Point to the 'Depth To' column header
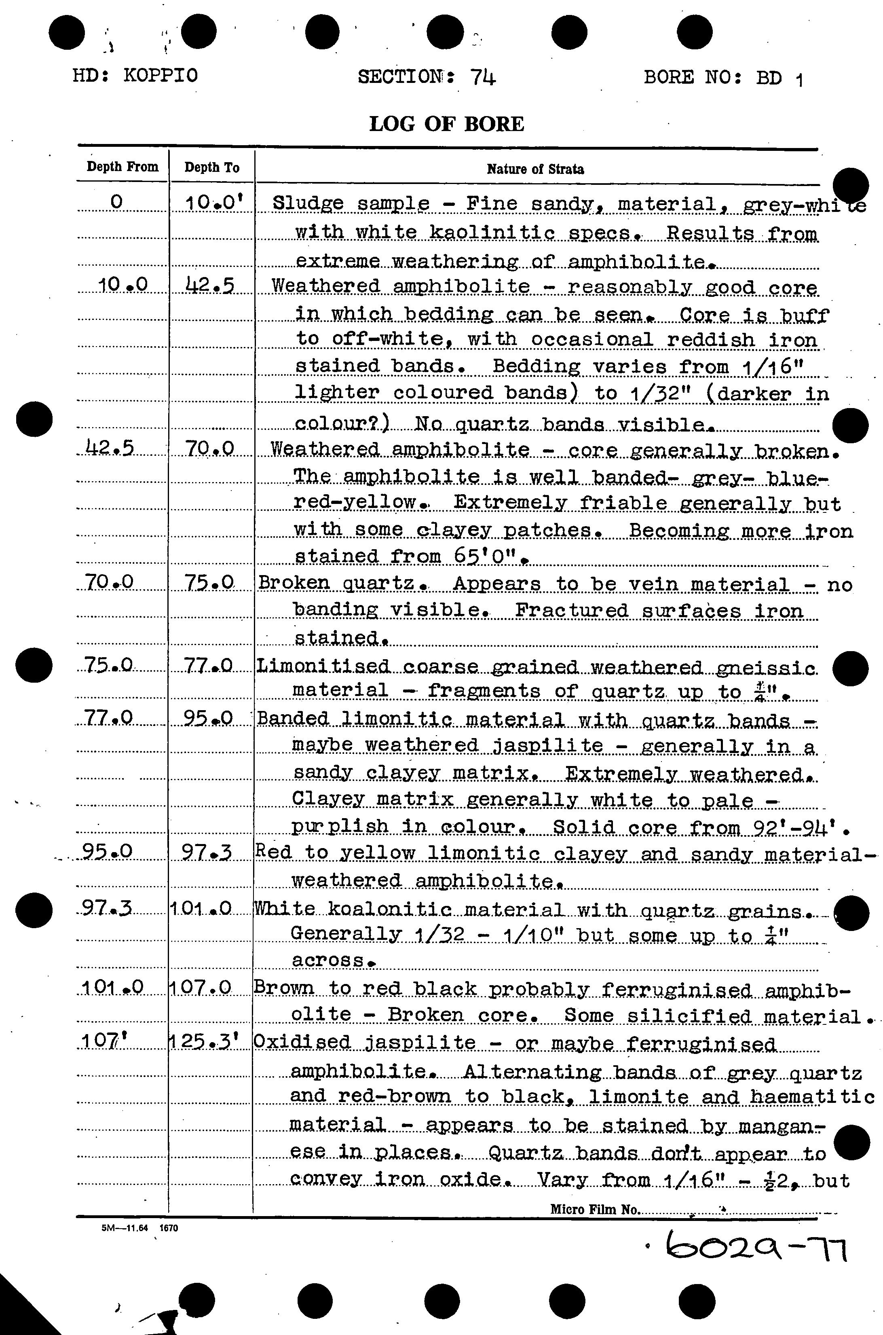click(212, 167)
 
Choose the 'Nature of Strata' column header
click(535, 169)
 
